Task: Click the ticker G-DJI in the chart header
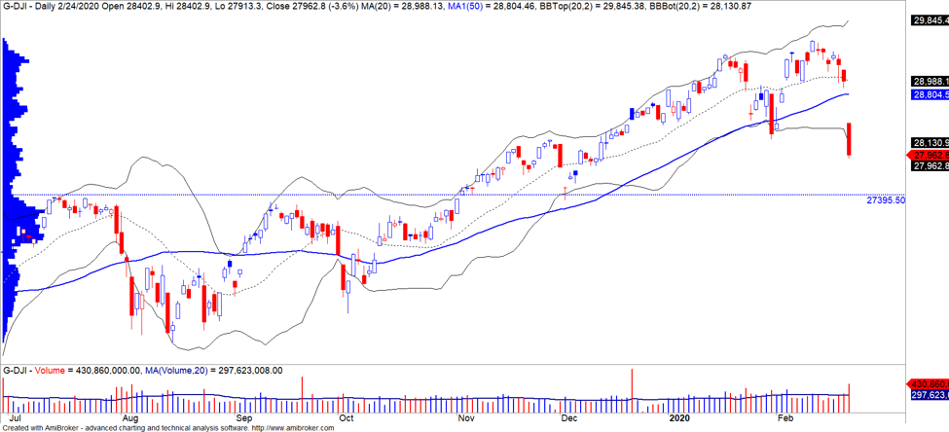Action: (x=16, y=8)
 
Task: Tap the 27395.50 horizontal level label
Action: (x=885, y=199)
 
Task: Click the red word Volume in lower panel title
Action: (x=50, y=371)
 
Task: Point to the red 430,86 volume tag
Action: (x=928, y=384)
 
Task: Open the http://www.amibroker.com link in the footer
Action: (x=288, y=426)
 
